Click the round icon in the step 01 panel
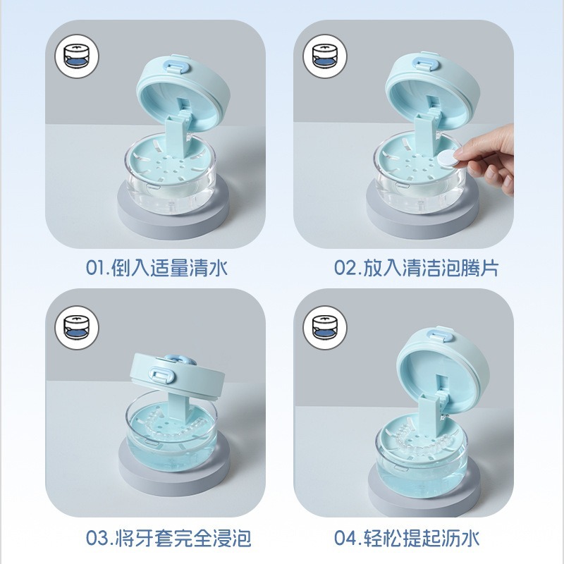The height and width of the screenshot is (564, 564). (77, 56)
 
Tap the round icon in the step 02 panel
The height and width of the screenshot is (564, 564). (325, 56)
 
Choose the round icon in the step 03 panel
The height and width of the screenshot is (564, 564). (77, 328)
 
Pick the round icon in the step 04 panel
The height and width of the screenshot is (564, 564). (325, 328)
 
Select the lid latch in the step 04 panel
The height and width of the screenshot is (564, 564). (442, 336)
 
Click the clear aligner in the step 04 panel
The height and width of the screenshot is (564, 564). (422, 439)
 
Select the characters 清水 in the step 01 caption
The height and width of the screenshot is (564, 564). (209, 268)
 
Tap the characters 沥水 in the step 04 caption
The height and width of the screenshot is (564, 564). (460, 539)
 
